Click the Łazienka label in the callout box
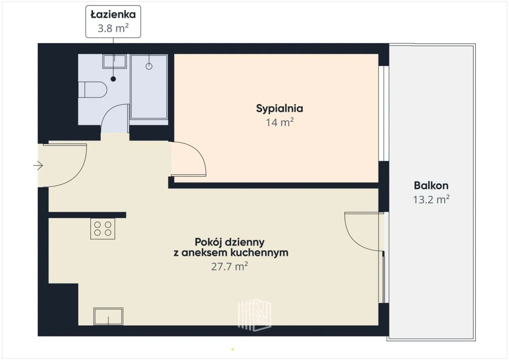point(113,15)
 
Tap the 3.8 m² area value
point(113,28)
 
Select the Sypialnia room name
point(280,109)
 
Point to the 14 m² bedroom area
point(280,122)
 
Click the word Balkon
point(431,185)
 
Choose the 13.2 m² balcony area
point(431,199)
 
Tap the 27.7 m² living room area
point(229,267)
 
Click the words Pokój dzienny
point(229,242)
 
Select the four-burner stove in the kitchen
point(103,229)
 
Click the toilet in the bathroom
point(92,90)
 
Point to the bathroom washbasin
point(115,61)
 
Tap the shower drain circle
point(149,66)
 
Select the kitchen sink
point(109,316)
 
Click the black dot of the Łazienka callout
point(113,79)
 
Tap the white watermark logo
point(254,315)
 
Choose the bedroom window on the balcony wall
point(384,113)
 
